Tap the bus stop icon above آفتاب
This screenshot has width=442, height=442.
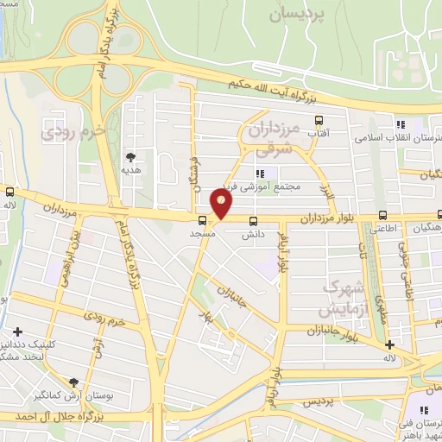[319, 121]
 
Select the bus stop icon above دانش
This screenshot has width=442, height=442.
[253, 220]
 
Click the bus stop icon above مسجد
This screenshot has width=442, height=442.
[202, 220]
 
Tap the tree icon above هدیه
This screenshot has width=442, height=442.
[130, 157]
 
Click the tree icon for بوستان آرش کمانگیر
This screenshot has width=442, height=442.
[74, 382]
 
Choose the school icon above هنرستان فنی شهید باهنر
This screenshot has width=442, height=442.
[429, 391]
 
